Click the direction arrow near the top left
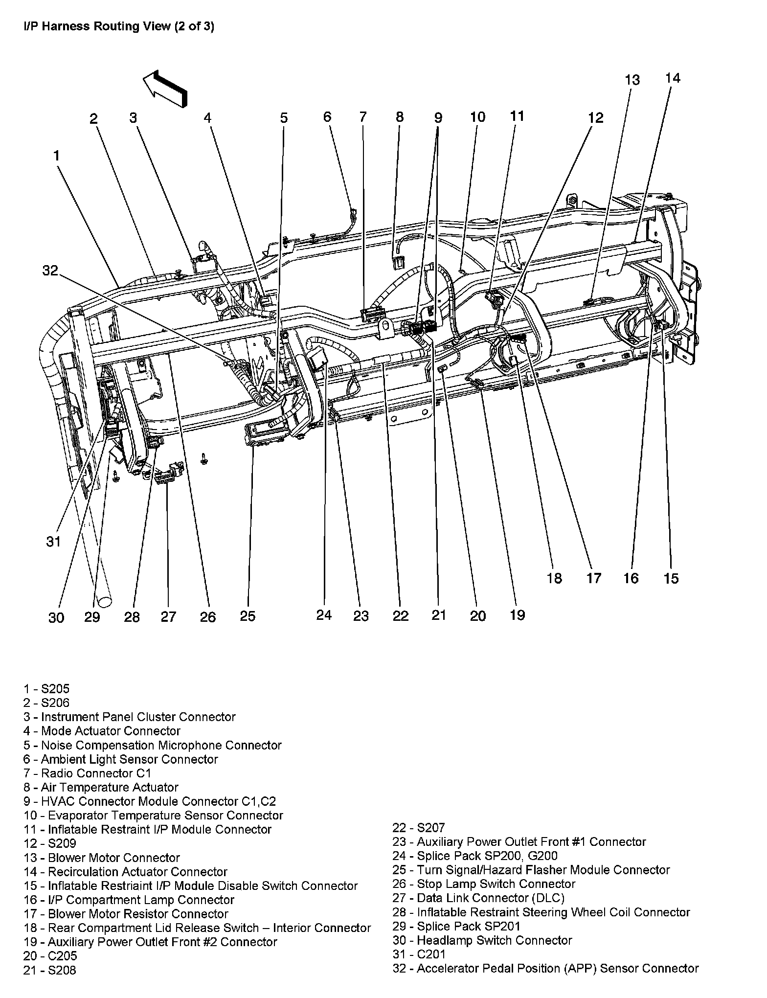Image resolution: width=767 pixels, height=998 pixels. (x=165, y=88)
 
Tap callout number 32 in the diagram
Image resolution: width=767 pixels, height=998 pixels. (x=50, y=271)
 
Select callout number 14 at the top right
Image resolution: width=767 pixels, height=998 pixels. (x=673, y=78)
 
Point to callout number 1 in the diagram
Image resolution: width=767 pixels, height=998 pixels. (x=57, y=156)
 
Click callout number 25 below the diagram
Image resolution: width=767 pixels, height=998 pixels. (x=248, y=616)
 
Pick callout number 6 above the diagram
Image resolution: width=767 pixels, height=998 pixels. (x=327, y=117)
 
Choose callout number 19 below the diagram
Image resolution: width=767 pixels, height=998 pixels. (x=517, y=614)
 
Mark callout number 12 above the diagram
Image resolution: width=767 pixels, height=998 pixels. (x=596, y=118)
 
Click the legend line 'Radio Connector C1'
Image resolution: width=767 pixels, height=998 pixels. (x=88, y=773)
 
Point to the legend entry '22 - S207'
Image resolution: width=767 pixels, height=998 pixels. (x=419, y=827)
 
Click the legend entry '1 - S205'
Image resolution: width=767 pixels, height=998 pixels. (x=46, y=689)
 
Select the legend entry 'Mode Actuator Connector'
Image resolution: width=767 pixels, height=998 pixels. (x=102, y=731)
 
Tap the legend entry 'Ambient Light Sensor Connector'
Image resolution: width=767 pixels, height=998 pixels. (x=121, y=759)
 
